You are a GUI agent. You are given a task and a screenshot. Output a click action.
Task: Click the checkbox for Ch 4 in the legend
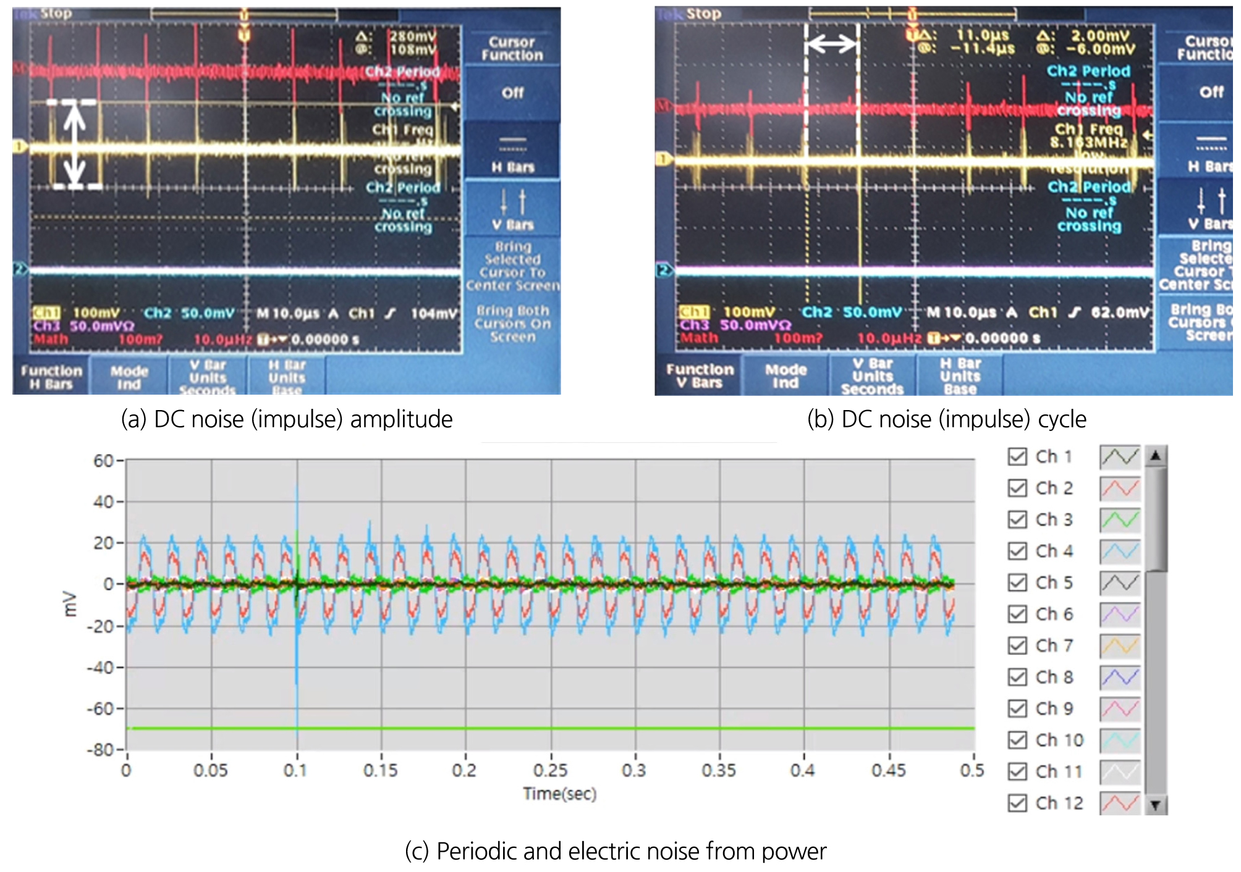(1017, 551)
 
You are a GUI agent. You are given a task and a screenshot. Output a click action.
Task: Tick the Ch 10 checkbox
(1017, 740)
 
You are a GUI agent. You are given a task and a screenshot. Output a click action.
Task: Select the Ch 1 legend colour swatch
(1119, 457)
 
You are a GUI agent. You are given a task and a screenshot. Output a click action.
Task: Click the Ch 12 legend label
(1059, 803)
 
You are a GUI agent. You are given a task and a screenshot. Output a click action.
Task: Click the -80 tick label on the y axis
(100, 750)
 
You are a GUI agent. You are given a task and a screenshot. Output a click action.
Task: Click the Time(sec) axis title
(559, 794)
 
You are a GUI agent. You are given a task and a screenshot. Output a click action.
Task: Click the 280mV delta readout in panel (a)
(412, 36)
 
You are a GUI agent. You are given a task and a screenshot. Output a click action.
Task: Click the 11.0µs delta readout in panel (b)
(982, 35)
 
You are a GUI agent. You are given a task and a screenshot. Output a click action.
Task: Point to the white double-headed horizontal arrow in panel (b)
(832, 43)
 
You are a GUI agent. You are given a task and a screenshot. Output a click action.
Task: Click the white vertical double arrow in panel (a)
(75, 145)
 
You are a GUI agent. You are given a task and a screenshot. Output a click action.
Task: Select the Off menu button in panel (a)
(512, 93)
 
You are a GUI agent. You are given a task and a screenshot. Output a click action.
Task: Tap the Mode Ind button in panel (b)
(786, 376)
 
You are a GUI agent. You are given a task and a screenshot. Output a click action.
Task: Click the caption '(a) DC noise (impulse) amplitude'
(287, 419)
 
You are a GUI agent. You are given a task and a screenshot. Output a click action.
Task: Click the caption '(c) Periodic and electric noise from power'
(616, 851)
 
